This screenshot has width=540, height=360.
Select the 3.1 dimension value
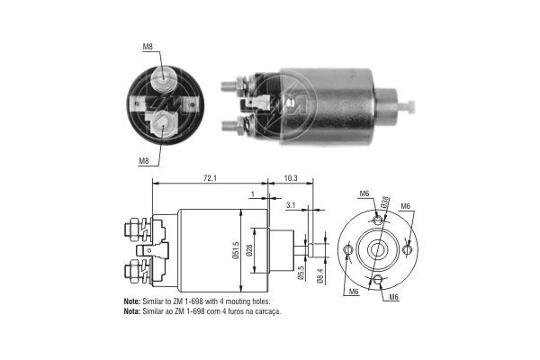(289, 206)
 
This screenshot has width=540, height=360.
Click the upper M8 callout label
(146, 47)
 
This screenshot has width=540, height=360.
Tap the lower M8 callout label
(144, 161)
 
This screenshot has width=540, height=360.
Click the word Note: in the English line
(131, 302)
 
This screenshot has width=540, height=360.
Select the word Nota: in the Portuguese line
(131, 311)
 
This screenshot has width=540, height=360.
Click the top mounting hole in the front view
(376, 219)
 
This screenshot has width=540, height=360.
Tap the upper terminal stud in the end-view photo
(164, 79)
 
